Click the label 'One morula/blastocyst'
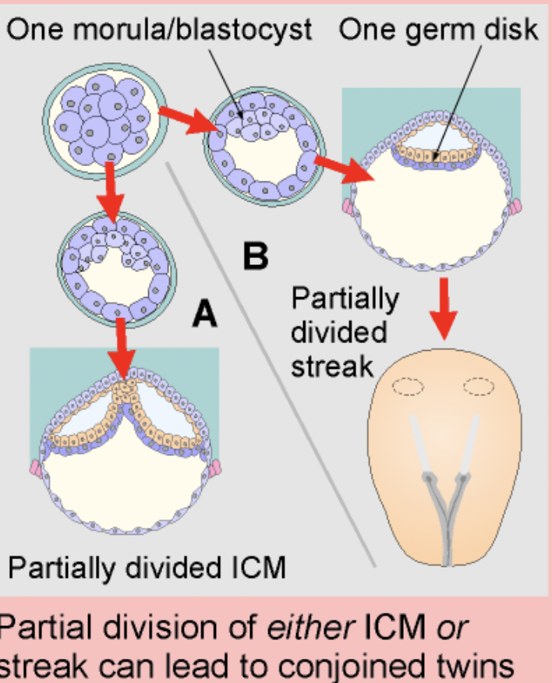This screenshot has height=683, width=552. coord(160,30)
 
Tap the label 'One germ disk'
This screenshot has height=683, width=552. coord(438,30)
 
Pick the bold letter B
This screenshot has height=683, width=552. coord(257,255)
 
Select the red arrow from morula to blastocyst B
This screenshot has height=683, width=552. coord(182,120)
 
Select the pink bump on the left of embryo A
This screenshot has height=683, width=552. coord(35,468)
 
